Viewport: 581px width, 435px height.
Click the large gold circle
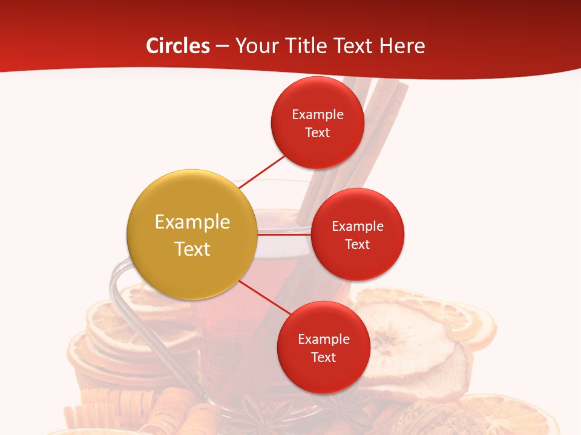coord(192,234)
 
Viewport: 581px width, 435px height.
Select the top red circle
coord(317,123)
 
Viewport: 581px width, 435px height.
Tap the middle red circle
coord(357,234)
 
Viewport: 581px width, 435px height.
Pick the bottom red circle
coord(323,347)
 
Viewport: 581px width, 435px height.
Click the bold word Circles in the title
coord(178,46)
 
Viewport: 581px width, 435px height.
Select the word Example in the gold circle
coord(192,222)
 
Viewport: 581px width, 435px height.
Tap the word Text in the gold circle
coord(192,248)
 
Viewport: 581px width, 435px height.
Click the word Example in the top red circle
coord(318,114)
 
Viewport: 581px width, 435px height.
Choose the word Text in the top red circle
coord(318,132)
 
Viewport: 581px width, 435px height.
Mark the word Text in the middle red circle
coord(358,244)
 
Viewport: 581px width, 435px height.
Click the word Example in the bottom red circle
coord(324,339)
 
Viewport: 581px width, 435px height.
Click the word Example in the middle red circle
coord(358,226)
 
